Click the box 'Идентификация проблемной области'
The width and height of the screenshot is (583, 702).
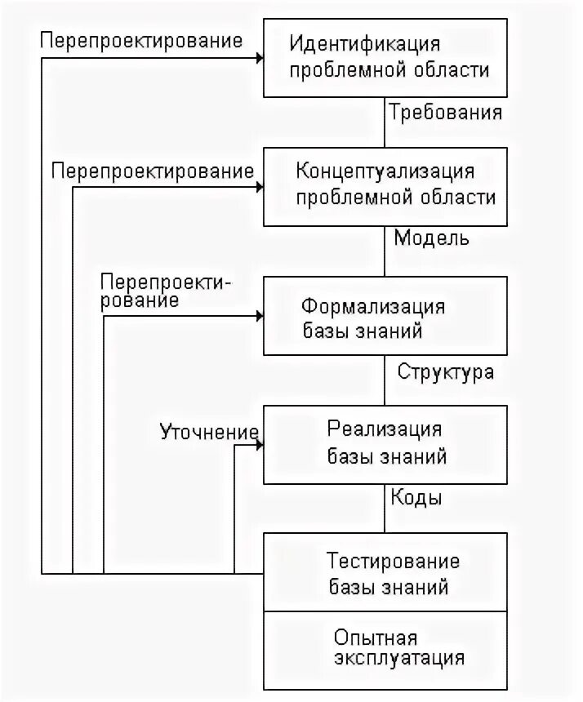pos(385,57)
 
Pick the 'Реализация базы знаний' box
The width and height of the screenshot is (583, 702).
pos(385,444)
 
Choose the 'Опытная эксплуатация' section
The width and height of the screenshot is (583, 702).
pos(385,650)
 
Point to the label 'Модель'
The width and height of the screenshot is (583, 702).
pos(432,238)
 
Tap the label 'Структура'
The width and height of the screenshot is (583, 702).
pos(445,372)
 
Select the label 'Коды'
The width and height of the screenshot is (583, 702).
pos(416,498)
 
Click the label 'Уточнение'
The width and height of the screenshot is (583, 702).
pos(209,430)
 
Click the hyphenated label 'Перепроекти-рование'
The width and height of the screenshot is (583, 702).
pos(167,291)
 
